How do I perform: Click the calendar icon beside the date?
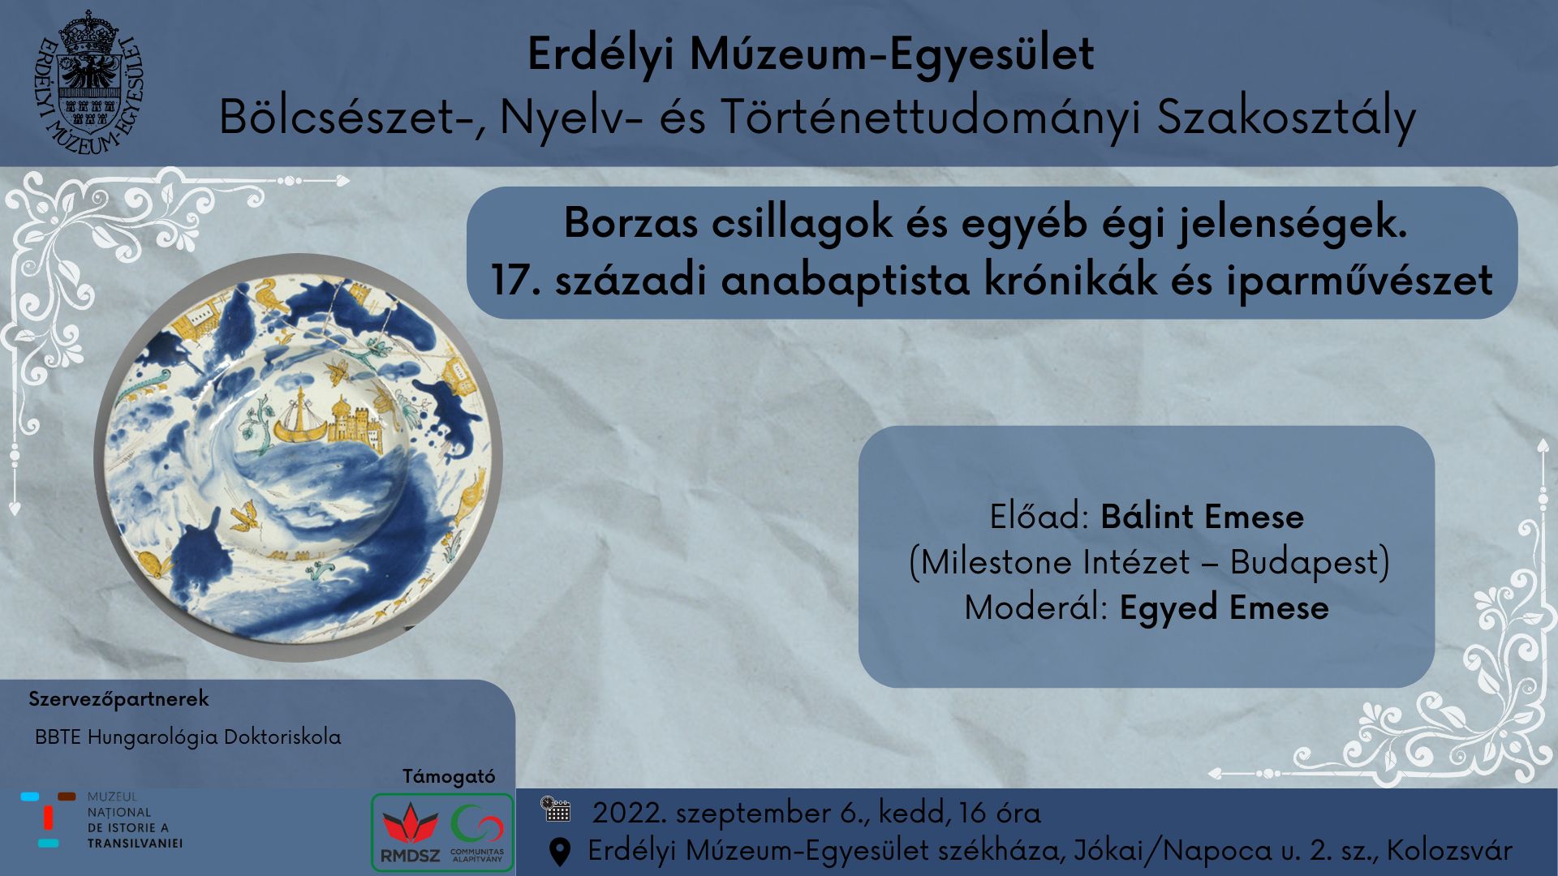(556, 809)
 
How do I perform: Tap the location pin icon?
(559, 852)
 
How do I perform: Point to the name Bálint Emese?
(1202, 517)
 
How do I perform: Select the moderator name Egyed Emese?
(1224, 608)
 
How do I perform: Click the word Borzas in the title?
(631, 222)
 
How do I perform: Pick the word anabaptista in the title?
(845, 281)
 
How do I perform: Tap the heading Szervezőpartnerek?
(118, 699)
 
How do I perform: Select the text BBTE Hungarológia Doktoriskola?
(187, 737)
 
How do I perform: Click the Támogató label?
(449, 776)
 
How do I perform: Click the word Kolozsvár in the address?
(1449, 850)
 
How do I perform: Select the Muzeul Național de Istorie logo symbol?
(49, 821)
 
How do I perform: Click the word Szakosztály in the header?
(1286, 118)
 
